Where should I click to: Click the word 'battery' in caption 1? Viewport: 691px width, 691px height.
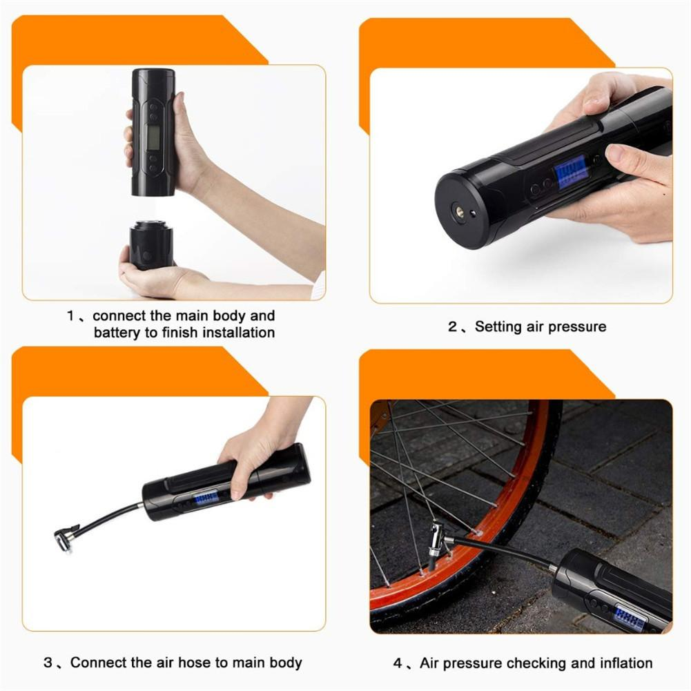pos(117,333)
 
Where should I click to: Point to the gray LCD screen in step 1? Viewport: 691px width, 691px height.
pos(153,137)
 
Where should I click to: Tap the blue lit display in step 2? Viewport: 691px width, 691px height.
pos(572,172)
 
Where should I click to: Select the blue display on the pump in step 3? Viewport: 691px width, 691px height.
pos(205,497)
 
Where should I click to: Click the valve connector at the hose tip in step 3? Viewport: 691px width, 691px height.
pos(67,536)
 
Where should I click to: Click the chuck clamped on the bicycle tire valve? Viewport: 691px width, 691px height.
pos(436,543)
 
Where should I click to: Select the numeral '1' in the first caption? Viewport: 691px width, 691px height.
pos(70,316)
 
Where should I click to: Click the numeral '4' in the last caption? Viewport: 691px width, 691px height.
pos(398,663)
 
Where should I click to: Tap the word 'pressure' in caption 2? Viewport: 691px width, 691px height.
pos(575,327)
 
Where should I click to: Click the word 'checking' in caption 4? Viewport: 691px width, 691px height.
pos(537,663)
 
